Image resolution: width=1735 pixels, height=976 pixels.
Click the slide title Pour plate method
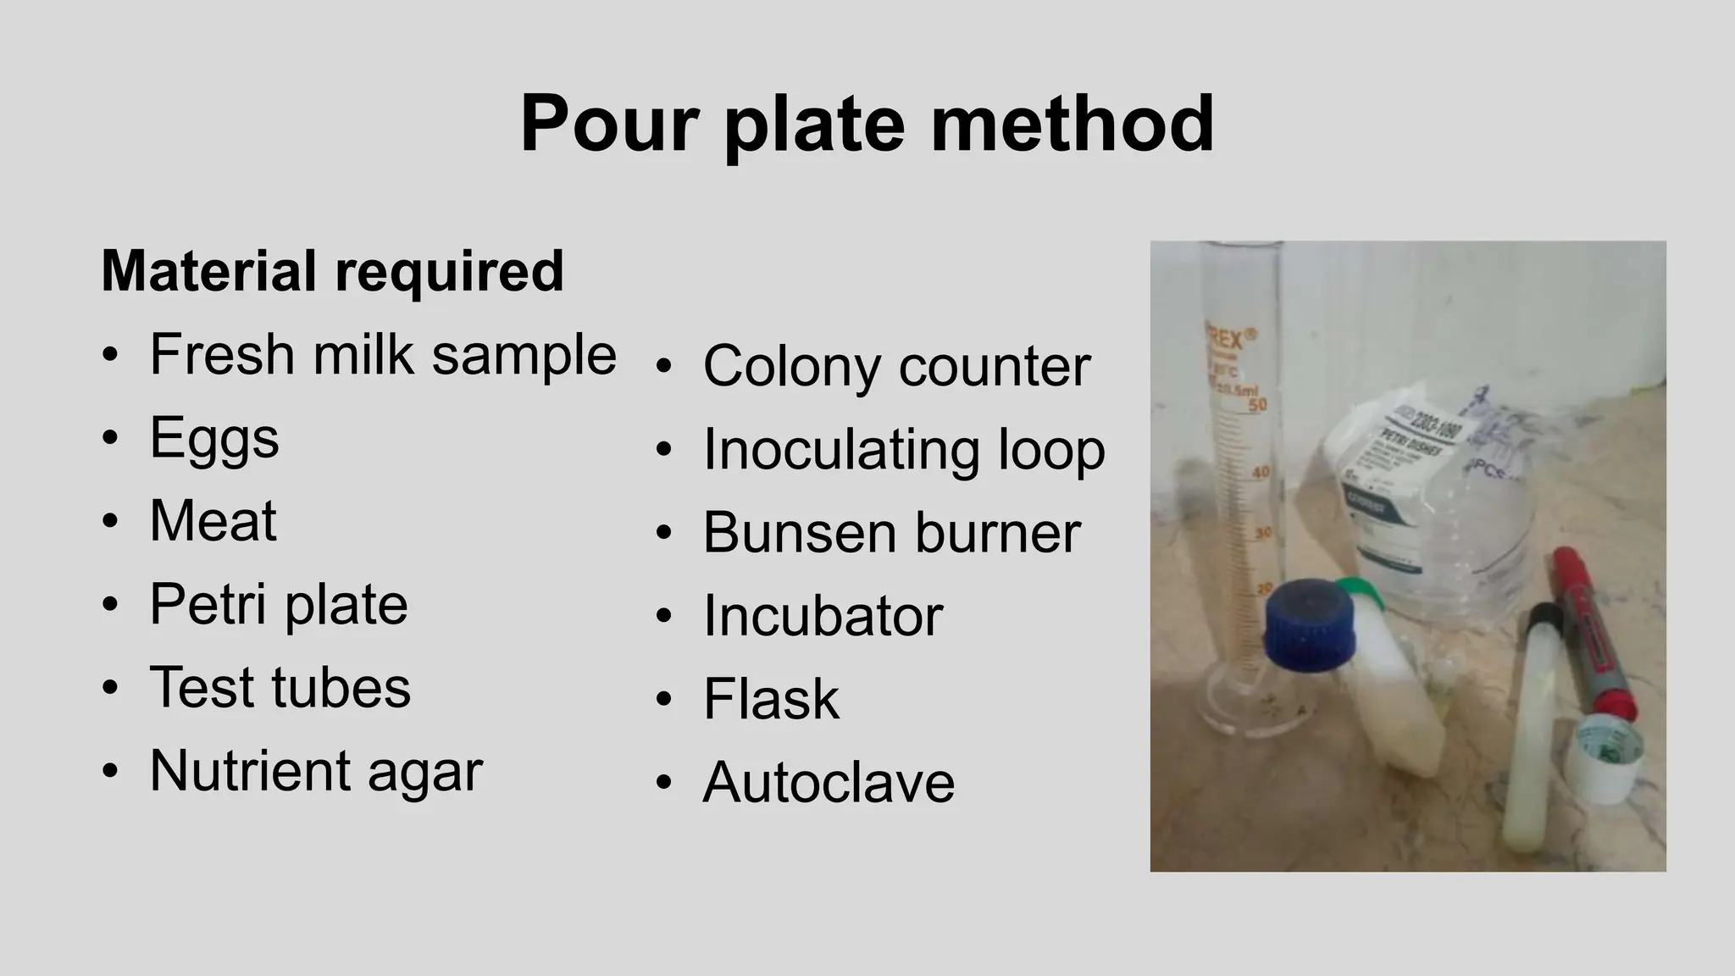point(867,124)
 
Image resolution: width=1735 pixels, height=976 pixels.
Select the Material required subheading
point(332,271)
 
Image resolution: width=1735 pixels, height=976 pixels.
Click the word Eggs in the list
point(214,438)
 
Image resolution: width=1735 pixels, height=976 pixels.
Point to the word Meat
point(213,520)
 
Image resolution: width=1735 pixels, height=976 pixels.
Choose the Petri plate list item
point(279,604)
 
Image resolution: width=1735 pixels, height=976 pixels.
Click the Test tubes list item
point(280,687)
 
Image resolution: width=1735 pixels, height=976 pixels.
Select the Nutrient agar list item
point(316,770)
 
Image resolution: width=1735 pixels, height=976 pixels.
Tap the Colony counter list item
point(896,366)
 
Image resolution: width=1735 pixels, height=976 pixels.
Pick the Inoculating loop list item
point(904,449)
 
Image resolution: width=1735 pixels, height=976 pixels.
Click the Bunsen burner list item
point(891,533)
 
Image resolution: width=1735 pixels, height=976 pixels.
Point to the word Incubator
point(823,616)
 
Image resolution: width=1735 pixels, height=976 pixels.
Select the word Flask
point(771,699)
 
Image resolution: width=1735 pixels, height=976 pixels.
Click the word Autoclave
point(829,782)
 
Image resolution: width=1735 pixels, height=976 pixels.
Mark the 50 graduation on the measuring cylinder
point(1257,405)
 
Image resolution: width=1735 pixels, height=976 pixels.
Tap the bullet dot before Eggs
point(109,438)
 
